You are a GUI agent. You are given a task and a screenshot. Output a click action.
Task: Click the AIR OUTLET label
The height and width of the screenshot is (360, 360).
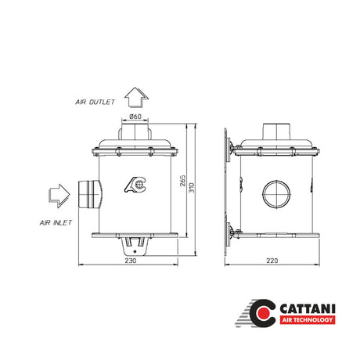[x=95, y=102]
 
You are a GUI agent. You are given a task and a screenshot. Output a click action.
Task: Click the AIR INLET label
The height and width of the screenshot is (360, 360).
[x=56, y=223]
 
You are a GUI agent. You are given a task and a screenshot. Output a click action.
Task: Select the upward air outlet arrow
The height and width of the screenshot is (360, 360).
[x=136, y=98]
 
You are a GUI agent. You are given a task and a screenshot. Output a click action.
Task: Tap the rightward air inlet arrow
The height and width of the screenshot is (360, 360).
[x=59, y=196]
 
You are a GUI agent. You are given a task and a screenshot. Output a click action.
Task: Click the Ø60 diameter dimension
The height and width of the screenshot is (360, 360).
[x=135, y=117]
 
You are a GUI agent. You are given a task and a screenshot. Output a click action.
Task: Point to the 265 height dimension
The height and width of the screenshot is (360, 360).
[x=183, y=181]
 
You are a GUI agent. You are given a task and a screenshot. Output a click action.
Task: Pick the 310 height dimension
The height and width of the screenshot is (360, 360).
[x=192, y=188]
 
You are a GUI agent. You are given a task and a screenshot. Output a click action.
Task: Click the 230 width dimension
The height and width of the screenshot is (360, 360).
[x=131, y=261]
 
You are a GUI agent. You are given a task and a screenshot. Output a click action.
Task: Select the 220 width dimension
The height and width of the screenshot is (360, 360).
[x=272, y=261]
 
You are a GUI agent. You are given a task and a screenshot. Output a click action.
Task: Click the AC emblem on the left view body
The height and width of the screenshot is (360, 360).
[x=135, y=185]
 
